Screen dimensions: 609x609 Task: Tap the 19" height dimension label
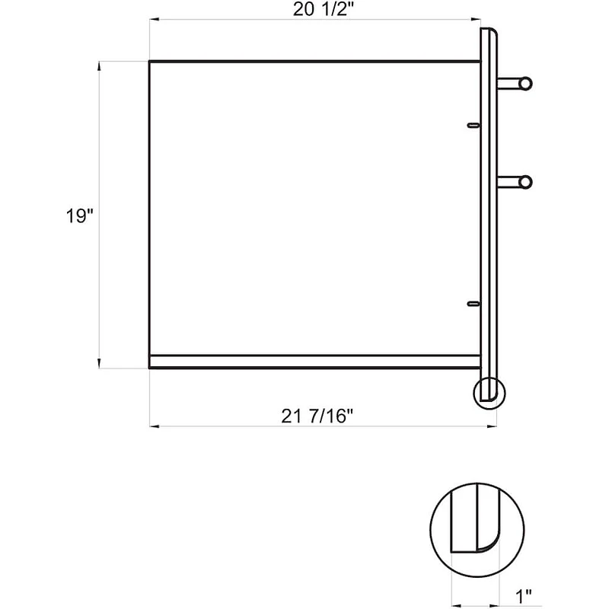click(78, 216)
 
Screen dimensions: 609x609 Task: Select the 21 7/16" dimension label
click(319, 416)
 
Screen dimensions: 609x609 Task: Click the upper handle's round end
click(525, 83)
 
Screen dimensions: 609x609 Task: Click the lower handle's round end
click(525, 182)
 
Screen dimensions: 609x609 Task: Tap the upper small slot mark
click(473, 124)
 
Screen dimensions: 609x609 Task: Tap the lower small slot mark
click(473, 304)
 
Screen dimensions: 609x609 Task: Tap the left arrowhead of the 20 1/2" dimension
click(153, 21)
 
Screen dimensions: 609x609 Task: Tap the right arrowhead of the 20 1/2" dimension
click(476, 21)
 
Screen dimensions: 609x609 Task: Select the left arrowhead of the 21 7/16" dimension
click(153, 426)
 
